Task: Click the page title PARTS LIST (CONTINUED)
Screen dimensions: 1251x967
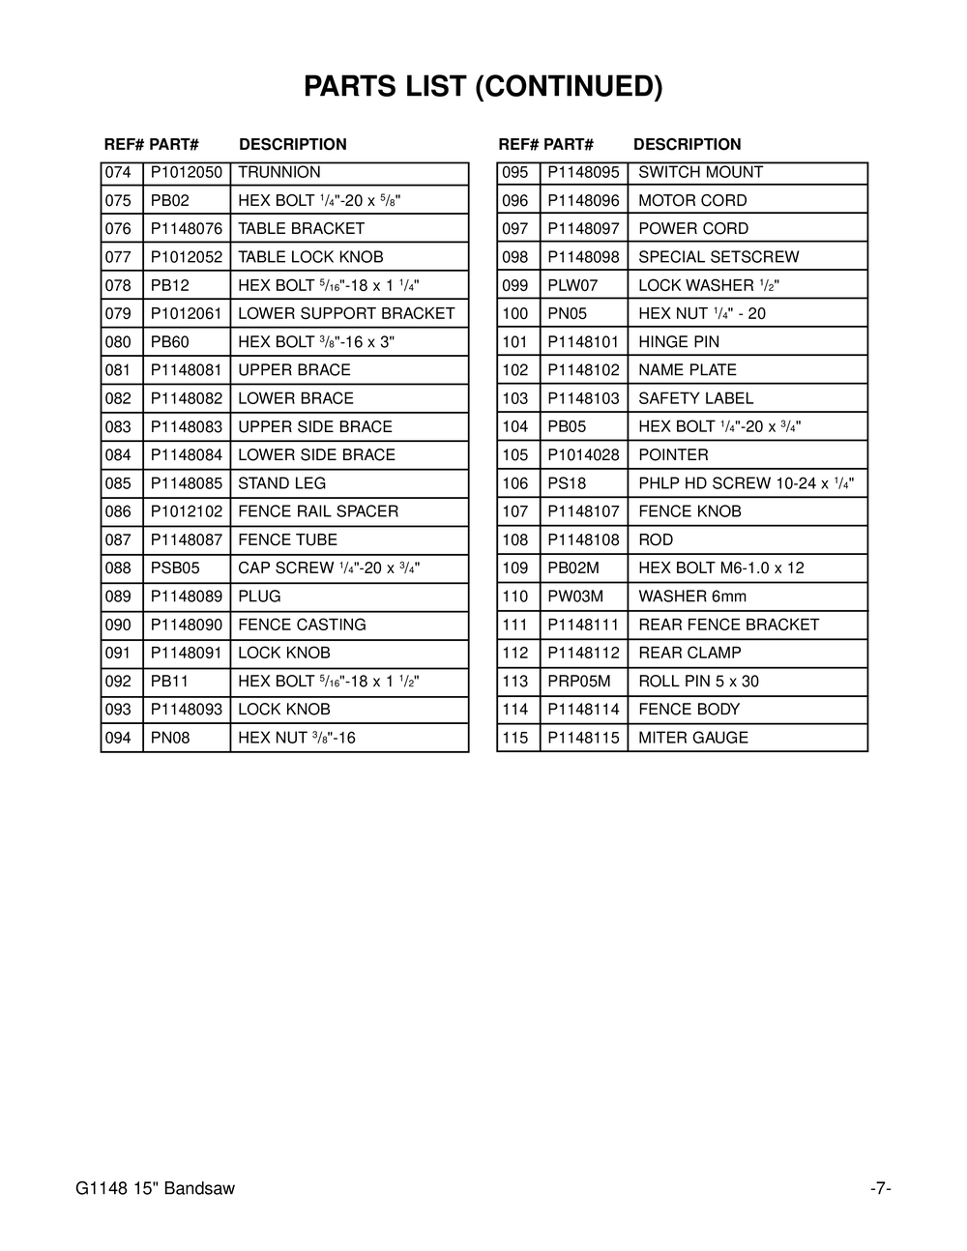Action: click(483, 87)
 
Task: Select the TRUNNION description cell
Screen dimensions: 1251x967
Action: click(279, 173)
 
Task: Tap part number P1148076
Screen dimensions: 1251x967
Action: click(187, 229)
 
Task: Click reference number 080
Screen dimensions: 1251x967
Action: click(118, 342)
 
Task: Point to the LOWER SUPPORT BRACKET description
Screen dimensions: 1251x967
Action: click(346, 314)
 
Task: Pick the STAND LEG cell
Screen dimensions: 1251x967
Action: click(282, 483)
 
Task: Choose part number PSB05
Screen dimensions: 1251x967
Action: click(175, 568)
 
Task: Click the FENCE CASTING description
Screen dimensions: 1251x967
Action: click(302, 625)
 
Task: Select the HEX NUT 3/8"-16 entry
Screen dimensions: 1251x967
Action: click(297, 739)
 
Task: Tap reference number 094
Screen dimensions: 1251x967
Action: click(118, 739)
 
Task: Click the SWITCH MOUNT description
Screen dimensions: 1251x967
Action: click(700, 173)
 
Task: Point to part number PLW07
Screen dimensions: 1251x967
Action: click(572, 286)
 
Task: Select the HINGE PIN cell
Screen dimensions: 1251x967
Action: click(679, 342)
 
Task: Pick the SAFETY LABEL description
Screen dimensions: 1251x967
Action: click(695, 398)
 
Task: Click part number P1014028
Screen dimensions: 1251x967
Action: click(583, 455)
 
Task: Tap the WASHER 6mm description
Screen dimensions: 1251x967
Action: click(692, 596)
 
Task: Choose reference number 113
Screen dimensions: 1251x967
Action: click(515, 682)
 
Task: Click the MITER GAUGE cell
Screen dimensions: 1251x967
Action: click(693, 739)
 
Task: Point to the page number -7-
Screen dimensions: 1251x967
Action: click(879, 1189)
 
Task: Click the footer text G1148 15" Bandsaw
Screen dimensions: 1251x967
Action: click(155, 1189)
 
